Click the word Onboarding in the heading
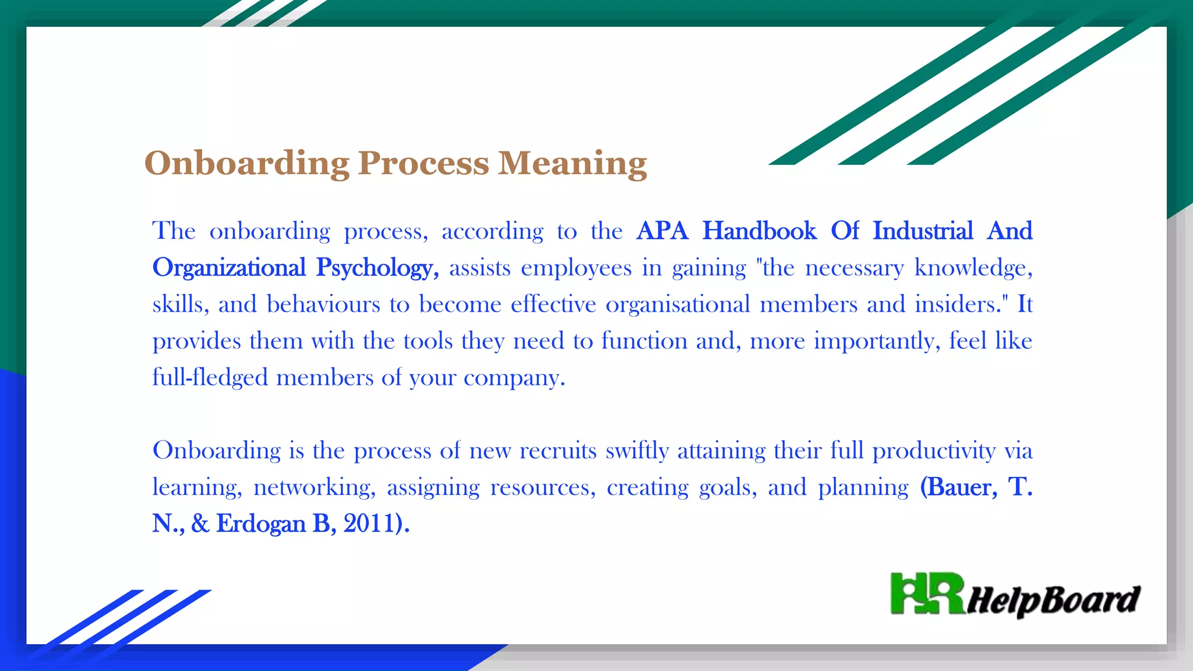tap(246, 164)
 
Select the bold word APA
tap(662, 231)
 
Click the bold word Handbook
tap(759, 231)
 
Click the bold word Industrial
tap(923, 231)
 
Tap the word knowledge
tap(973, 268)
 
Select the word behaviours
tap(323, 305)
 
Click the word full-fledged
tap(210, 377)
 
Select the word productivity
tap(934, 451)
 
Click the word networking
tap(315, 488)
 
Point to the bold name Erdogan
tap(261, 524)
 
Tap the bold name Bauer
tap(959, 488)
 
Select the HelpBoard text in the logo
tap(1053, 600)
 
